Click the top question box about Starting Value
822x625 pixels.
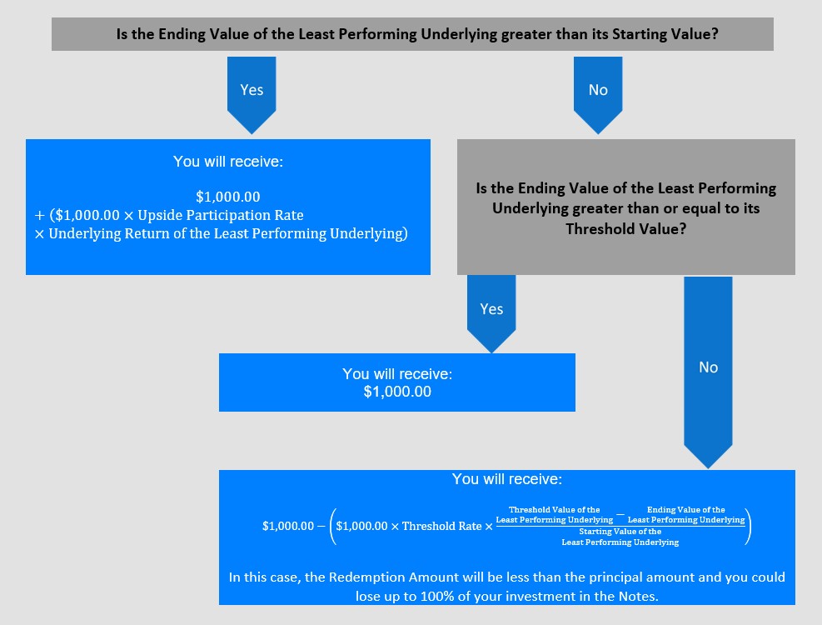tap(412, 34)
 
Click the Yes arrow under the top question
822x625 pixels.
tap(252, 94)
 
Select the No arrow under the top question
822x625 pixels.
tap(598, 94)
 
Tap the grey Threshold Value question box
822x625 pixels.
tap(626, 207)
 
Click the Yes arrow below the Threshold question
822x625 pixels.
tap(491, 313)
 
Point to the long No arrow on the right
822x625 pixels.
tap(708, 372)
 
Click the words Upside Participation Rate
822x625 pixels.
tap(221, 215)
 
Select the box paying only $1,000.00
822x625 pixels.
tap(397, 382)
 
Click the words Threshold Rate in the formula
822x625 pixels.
tap(442, 526)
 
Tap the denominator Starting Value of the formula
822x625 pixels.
tap(620, 537)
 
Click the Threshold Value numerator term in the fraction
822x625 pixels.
tap(555, 514)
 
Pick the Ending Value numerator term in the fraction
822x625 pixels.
tap(686, 514)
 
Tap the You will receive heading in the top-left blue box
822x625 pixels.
tap(228, 161)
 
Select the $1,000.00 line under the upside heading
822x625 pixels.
tap(228, 197)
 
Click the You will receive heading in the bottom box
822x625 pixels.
tap(507, 478)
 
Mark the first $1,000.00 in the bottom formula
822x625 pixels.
tap(288, 526)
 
